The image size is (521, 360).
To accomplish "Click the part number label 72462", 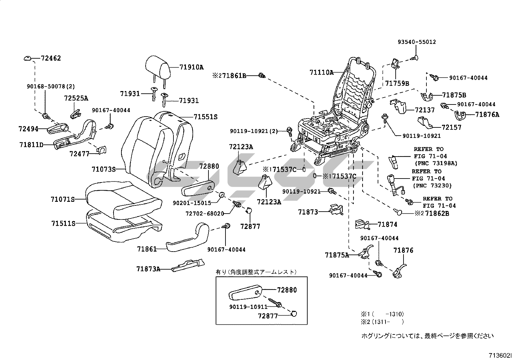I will point(51,58).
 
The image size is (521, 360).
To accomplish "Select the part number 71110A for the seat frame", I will point(321,73).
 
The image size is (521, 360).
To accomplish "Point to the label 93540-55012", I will point(417,42).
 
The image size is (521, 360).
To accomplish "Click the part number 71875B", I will point(454,95).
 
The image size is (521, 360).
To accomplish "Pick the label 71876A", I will point(487,115).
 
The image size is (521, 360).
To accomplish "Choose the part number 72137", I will point(425,110).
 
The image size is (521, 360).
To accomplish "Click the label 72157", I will point(451,127).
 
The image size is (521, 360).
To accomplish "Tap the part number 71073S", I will point(104,169).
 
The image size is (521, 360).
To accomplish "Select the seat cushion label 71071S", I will point(63,199).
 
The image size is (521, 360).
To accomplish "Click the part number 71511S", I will point(63,223).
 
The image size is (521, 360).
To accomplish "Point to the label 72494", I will point(28,129).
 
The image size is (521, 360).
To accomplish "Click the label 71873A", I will point(148,269).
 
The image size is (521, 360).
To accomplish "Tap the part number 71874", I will point(387,224).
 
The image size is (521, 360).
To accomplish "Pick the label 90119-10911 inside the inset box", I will point(248,307).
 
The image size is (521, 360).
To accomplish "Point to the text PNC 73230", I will point(433,186).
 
